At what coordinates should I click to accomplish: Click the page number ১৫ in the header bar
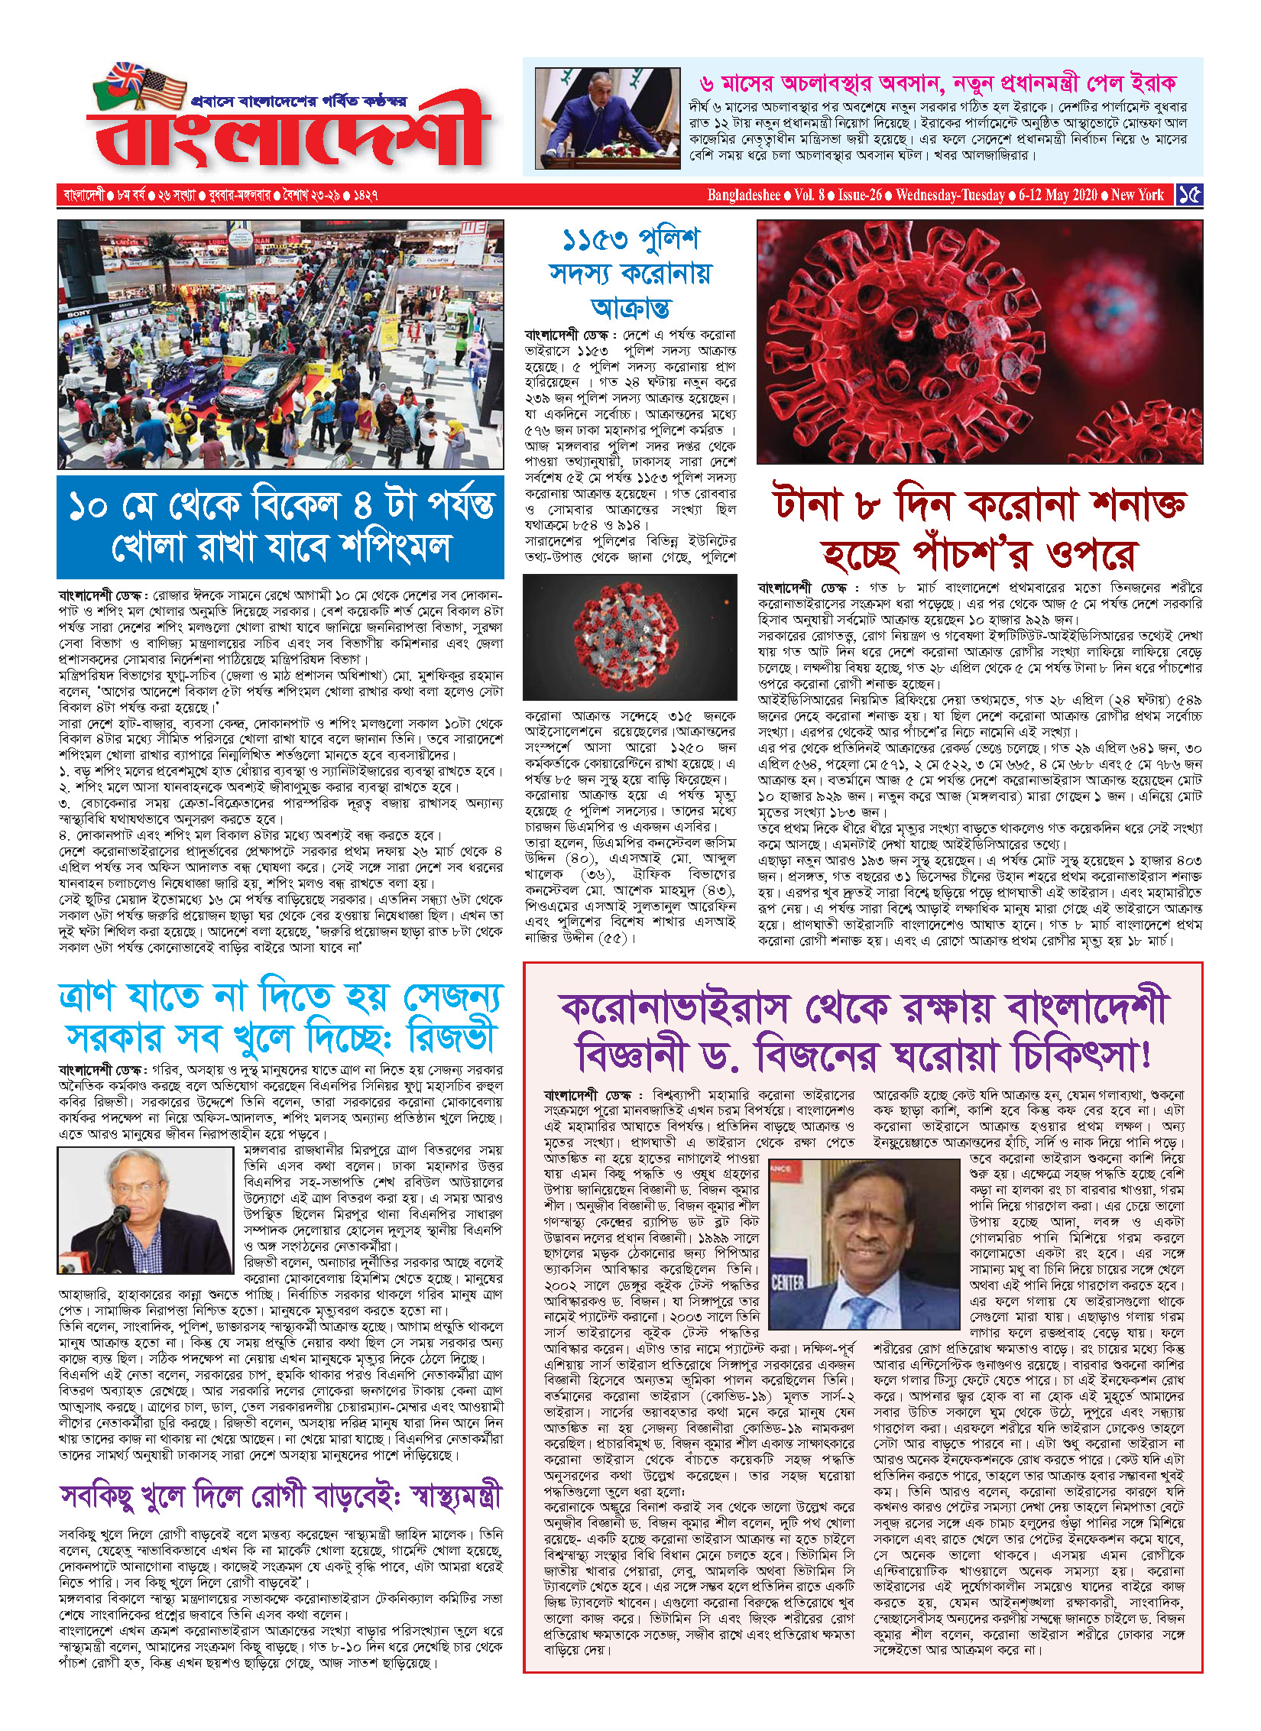click(1190, 195)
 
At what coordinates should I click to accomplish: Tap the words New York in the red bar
click(1137, 195)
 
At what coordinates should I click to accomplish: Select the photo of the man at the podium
click(607, 118)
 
